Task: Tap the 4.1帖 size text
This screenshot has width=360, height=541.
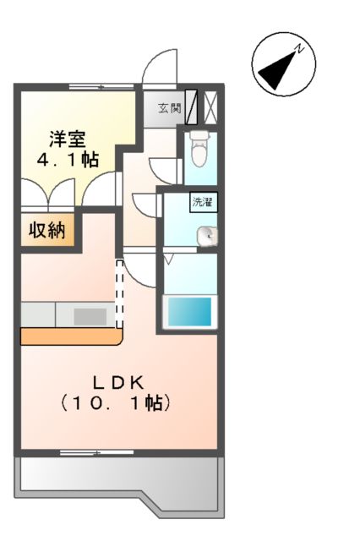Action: click(x=67, y=160)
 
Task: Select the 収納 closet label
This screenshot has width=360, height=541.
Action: click(x=48, y=231)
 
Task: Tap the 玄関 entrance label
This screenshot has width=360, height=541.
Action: click(x=168, y=107)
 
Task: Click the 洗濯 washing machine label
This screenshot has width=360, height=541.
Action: click(x=202, y=202)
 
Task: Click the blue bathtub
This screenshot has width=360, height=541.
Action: click(x=188, y=312)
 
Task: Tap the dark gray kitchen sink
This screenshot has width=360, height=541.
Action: click(x=90, y=316)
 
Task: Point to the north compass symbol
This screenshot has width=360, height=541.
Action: click(x=282, y=64)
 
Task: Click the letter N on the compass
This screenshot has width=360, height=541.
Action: click(x=302, y=47)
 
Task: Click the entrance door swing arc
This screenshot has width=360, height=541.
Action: click(x=159, y=68)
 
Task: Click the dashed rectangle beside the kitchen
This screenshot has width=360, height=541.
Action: click(x=119, y=294)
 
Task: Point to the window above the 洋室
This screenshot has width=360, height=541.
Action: click(x=100, y=86)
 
